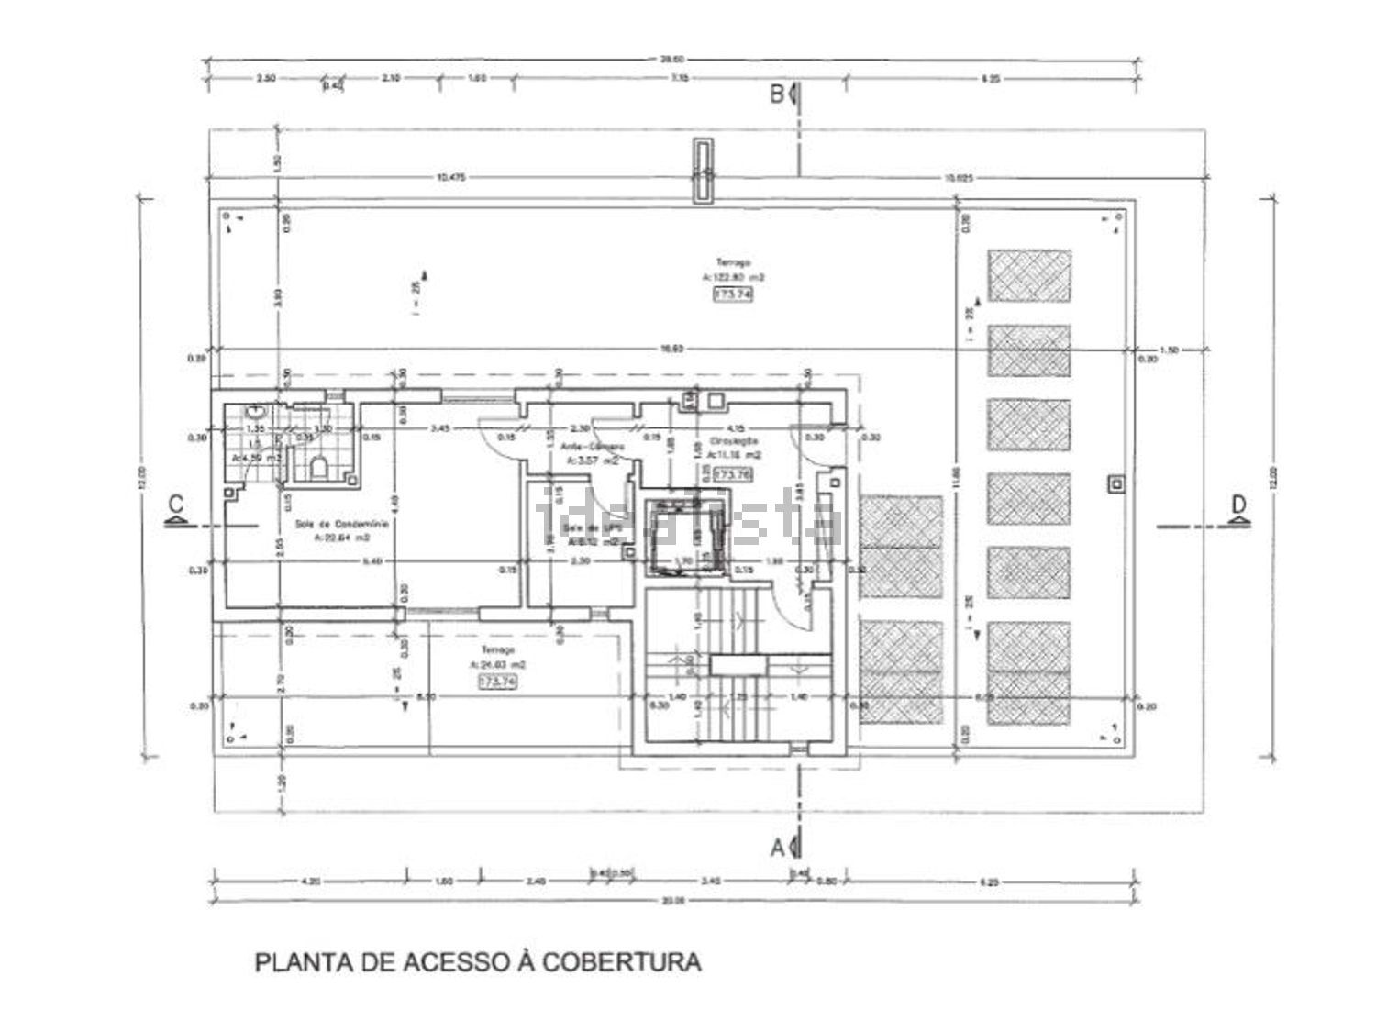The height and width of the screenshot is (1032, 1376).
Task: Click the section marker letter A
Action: point(777,847)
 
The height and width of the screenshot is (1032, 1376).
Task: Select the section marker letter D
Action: point(1238,504)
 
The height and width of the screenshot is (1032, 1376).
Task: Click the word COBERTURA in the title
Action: point(621,962)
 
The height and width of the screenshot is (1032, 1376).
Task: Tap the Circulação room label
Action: point(733,441)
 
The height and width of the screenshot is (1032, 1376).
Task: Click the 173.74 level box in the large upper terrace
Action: point(732,294)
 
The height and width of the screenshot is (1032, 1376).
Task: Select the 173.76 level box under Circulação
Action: point(732,475)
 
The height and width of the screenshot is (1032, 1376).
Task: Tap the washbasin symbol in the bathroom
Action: point(256,413)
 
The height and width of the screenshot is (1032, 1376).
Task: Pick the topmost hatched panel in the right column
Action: point(1028,275)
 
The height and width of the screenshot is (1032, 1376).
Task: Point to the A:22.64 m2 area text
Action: point(341,538)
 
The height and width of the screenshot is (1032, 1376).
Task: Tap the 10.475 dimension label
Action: point(447,178)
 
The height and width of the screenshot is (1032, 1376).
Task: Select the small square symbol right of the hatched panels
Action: point(1115,483)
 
